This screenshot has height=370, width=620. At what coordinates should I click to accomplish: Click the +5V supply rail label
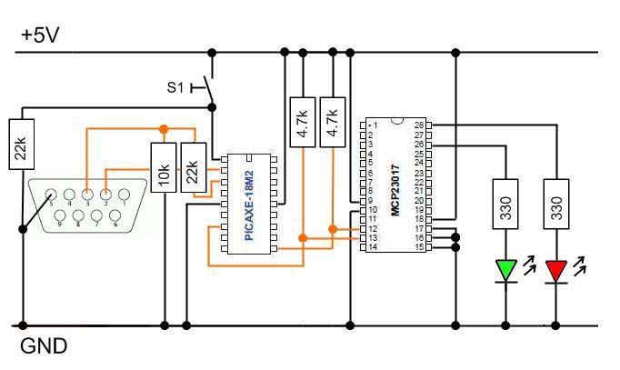42,35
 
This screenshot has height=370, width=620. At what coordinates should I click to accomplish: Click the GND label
43,346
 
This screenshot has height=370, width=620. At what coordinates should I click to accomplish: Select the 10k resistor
164,169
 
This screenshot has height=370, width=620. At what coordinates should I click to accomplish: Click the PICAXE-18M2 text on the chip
250,205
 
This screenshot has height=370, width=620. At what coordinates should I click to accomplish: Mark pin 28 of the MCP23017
419,125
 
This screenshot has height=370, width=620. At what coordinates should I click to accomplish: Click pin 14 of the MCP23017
373,247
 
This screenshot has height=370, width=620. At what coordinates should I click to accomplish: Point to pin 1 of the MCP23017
373,125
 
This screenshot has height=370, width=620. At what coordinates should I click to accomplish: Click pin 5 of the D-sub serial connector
52,193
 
